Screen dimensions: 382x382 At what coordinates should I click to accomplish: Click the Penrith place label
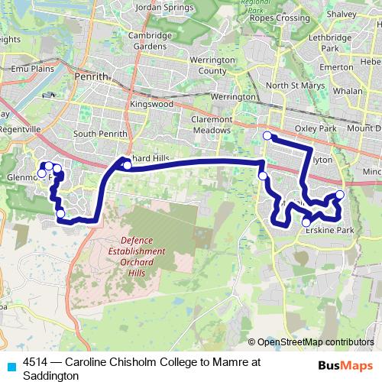pyautogui.click(x=93, y=76)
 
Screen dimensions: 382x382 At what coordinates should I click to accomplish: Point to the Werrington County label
pyautogui.click(x=212, y=64)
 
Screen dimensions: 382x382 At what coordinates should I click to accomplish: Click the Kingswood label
pyautogui.click(x=148, y=103)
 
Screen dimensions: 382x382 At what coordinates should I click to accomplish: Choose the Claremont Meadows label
pyautogui.click(x=211, y=125)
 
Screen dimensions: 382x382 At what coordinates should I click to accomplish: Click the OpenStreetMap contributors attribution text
pyautogui.click(x=316, y=342)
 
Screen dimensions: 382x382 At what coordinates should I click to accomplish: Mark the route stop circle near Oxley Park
pyautogui.click(x=267, y=136)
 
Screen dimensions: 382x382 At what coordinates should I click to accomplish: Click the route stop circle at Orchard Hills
pyautogui.click(x=128, y=162)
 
